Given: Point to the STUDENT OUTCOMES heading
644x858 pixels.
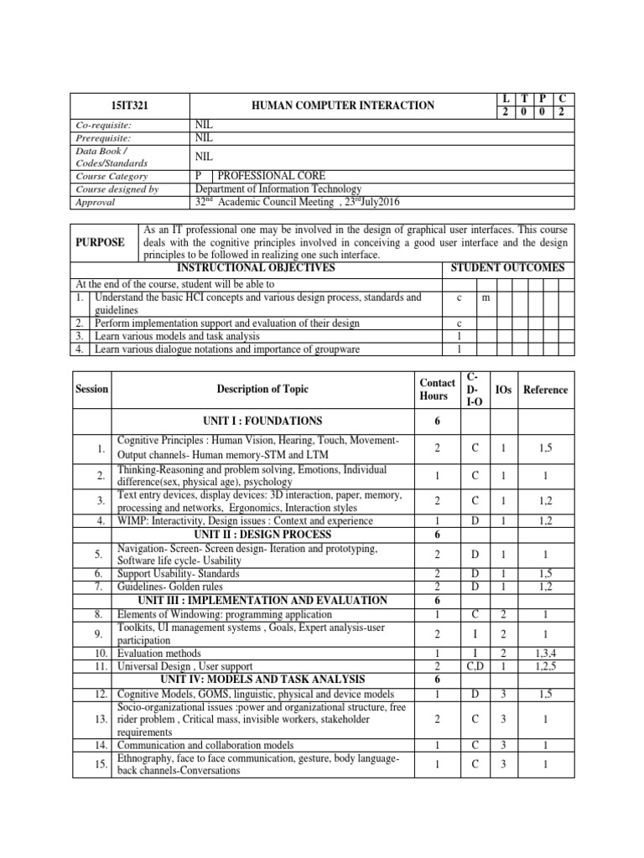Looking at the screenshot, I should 507,268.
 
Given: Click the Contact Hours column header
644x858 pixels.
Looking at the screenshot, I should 438,390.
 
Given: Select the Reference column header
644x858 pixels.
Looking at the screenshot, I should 545,390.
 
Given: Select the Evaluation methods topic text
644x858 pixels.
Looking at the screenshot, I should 158,653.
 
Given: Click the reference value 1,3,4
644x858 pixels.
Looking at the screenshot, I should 545,653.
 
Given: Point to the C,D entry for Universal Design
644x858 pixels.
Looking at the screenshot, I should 475,666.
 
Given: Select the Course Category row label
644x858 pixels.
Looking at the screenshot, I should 112,177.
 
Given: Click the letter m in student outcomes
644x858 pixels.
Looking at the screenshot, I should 486,297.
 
